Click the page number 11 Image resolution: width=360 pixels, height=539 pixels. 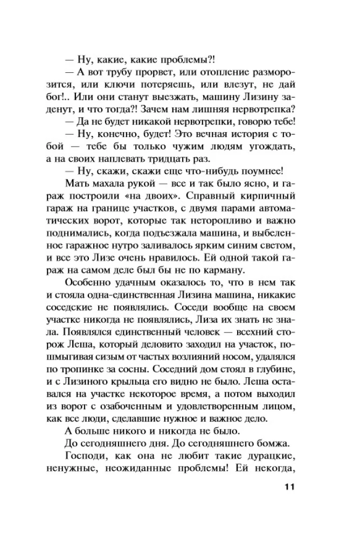pos(286,488)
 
